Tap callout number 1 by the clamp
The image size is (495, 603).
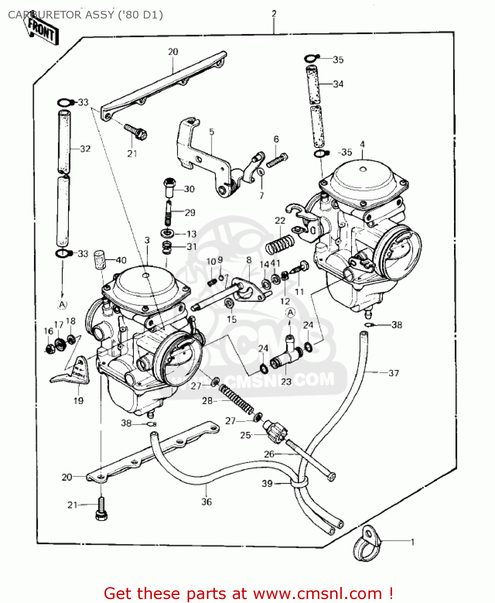412,542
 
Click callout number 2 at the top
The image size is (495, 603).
274,14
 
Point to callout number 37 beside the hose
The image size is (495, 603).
393,373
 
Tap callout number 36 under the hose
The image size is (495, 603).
207,502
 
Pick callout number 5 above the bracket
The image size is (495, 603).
212,132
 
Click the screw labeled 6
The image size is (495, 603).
277,160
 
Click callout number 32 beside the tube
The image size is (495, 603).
85,149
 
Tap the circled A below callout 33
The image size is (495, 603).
62,305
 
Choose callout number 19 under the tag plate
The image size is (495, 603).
78,400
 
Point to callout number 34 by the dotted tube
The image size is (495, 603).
338,84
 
